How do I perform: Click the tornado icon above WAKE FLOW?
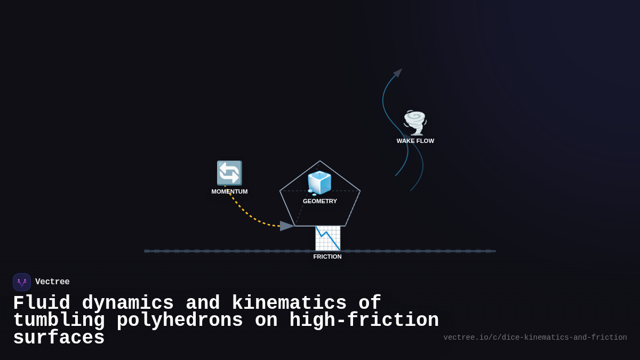[415, 123]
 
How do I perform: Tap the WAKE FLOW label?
[415, 141]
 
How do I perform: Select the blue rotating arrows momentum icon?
[229, 173]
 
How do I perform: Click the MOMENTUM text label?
[229, 191]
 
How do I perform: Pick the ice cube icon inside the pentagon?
[319, 183]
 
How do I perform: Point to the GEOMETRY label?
[320, 201]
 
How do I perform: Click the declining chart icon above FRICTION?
[327, 238]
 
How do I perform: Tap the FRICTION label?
[327, 257]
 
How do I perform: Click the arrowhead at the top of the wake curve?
[398, 73]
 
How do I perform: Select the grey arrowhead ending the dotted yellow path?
[287, 226]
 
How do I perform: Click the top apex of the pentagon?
[320, 161]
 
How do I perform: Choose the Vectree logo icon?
[22, 282]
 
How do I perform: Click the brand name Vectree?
[52, 282]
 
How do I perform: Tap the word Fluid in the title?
[42, 303]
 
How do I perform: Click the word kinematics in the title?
[289, 303]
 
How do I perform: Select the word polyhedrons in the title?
[180, 321]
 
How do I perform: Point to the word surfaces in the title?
[59, 338]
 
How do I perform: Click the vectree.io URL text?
[535, 338]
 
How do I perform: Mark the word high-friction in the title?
[364, 321]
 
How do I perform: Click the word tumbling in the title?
[59, 321]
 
